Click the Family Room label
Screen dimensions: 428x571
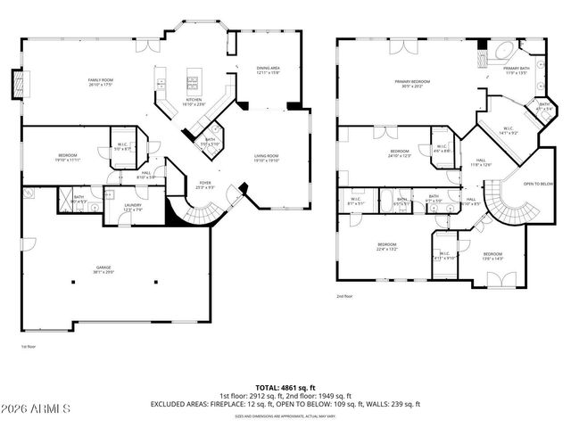99,82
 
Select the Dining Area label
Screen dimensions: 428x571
269,69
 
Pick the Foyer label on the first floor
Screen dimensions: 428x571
204,186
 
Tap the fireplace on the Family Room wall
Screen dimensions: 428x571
15,85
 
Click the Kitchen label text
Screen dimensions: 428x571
194,102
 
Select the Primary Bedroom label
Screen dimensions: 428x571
413,84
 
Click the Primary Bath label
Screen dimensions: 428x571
517,71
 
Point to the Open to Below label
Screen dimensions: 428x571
538,184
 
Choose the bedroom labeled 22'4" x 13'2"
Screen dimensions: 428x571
386,247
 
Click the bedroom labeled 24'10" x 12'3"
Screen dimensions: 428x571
399,153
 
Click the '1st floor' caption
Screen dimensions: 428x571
29,346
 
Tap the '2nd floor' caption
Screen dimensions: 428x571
345,296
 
